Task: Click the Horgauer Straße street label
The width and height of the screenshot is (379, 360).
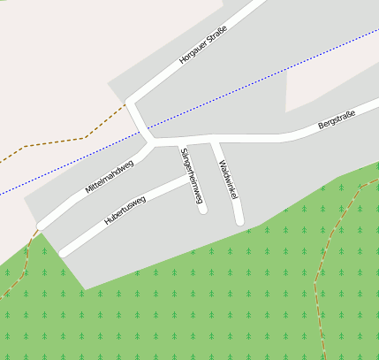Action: tap(203, 46)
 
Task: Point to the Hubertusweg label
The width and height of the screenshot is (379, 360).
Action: tap(125, 211)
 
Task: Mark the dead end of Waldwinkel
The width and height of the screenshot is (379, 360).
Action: tap(239, 220)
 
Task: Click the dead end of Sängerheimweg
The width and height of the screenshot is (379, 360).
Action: tap(203, 210)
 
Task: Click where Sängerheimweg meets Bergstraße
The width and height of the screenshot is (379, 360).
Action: tap(181, 141)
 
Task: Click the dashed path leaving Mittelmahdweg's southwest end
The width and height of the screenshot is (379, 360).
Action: tap(27, 257)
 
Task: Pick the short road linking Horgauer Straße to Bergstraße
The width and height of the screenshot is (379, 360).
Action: tap(139, 121)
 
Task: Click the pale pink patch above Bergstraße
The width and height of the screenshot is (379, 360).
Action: tap(331, 84)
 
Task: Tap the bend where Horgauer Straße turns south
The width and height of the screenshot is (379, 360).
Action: tap(129, 103)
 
